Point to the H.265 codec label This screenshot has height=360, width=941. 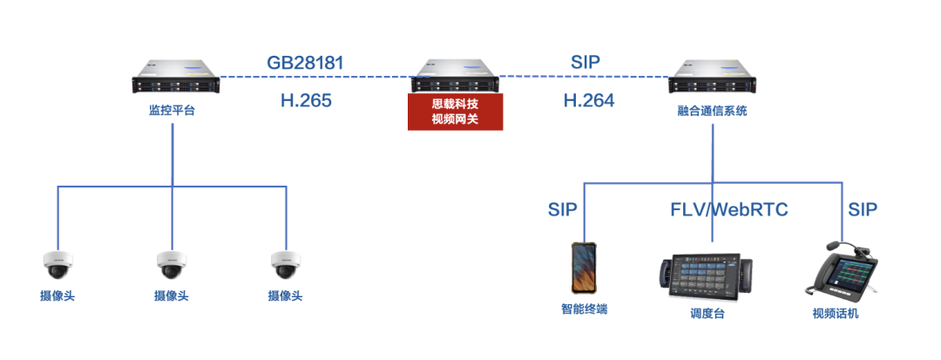click(306, 100)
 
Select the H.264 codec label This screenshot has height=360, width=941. click(588, 100)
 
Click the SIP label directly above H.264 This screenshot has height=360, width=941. click(586, 62)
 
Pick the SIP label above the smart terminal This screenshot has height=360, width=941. click(563, 210)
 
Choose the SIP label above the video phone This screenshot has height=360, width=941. click(863, 210)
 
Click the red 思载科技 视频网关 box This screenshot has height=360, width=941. click(455, 112)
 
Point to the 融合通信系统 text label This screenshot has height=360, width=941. click(712, 111)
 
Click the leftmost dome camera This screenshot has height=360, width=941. click(58, 262)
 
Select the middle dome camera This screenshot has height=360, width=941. click(171, 262)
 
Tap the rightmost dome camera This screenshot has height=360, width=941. click(285, 262)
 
